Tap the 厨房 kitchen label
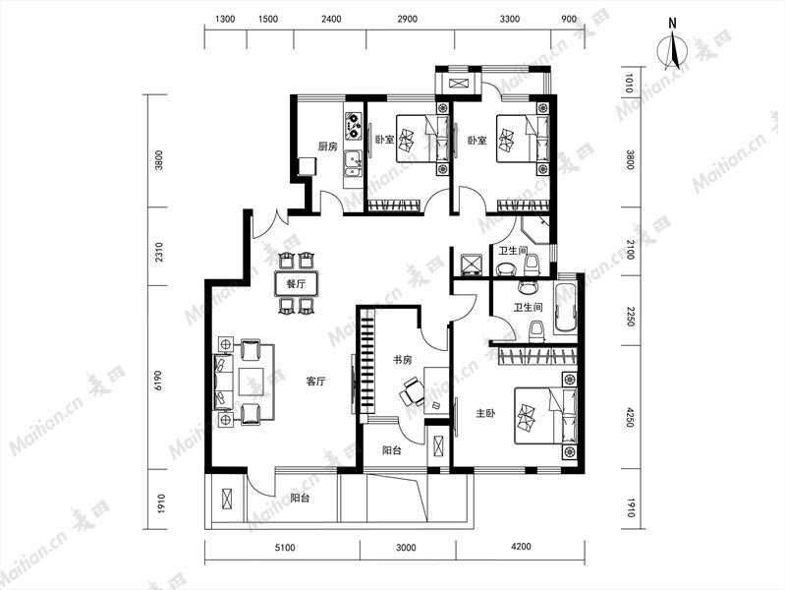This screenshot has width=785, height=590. [328, 147]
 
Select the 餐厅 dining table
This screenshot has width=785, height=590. [297, 284]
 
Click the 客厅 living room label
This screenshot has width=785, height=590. [315, 382]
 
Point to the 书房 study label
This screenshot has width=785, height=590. [402, 360]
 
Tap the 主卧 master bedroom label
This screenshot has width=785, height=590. [485, 414]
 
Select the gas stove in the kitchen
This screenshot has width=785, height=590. [354, 125]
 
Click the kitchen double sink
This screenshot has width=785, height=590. [354, 164]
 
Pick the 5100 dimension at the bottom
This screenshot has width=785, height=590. [284, 547]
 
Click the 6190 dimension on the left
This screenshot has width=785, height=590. [159, 380]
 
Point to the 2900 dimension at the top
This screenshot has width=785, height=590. [407, 19]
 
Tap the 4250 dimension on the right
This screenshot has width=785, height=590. [631, 417]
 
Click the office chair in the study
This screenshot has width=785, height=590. [413, 392]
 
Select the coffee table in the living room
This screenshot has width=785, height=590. [252, 383]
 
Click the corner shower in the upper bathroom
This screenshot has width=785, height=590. [535, 229]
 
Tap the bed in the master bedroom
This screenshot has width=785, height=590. [545, 415]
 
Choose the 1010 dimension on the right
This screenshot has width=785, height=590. [631, 84]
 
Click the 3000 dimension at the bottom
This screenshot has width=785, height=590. [406, 548]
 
